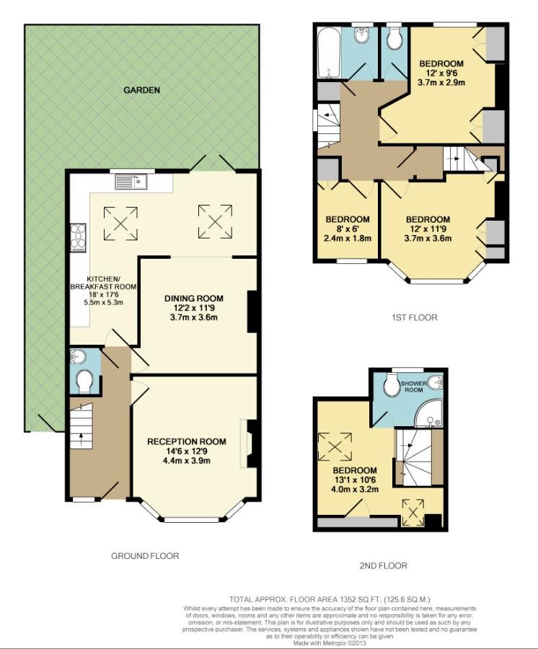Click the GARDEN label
[x=141, y=90]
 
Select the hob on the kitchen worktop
[x=77, y=235]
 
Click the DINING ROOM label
[x=193, y=298]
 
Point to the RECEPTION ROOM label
[x=187, y=441]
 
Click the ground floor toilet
[x=84, y=381]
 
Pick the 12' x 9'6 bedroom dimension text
[x=441, y=73]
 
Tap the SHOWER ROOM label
[x=415, y=387]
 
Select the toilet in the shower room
[x=392, y=387]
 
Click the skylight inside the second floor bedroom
[x=335, y=446]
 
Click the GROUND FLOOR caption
[x=144, y=555]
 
